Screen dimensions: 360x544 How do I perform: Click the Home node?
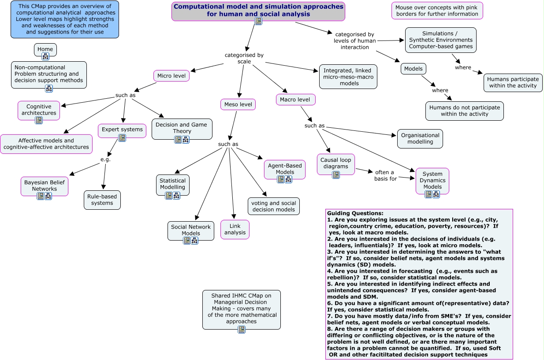point(45,49)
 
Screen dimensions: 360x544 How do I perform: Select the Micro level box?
point(171,76)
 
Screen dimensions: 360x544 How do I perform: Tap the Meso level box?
point(238,104)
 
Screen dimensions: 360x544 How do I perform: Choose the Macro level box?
point(295,100)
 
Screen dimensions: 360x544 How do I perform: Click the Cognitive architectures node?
point(39,110)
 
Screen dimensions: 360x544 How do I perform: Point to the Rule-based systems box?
point(102,200)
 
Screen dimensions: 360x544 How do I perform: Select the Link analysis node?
point(235,229)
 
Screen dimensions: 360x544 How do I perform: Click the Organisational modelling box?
point(420,139)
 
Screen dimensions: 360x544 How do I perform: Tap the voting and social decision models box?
point(273,206)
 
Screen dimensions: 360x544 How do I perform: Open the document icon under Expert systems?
point(122,138)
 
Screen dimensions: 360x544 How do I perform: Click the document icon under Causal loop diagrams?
point(335,175)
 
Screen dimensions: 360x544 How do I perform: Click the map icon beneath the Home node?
point(45,56)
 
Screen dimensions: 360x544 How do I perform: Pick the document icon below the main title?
point(258,21)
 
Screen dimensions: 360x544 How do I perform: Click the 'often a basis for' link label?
point(386,175)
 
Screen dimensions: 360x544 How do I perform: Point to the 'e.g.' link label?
point(105,160)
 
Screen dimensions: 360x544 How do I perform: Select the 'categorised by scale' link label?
point(244,58)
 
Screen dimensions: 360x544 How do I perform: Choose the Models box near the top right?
point(413,68)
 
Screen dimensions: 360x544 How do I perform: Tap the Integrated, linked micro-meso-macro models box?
point(348,77)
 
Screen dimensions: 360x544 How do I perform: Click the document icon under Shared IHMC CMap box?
point(241,330)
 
